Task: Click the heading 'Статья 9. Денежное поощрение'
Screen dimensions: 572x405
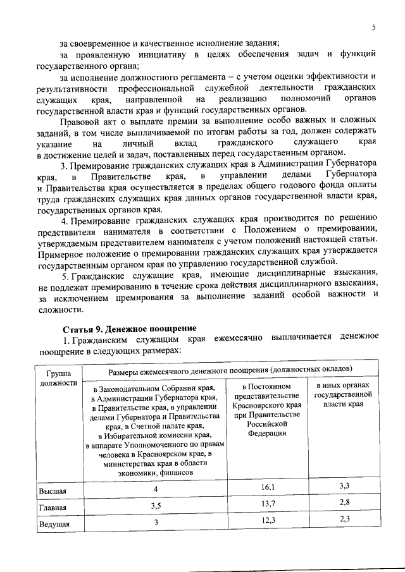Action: (x=129, y=329)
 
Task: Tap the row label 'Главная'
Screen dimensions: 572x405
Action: (x=52, y=507)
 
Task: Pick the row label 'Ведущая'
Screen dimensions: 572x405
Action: (x=54, y=524)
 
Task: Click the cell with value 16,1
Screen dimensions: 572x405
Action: (x=268, y=487)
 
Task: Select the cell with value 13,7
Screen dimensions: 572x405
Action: (x=268, y=503)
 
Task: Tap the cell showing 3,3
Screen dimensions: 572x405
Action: (x=345, y=485)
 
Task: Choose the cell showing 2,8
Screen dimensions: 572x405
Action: (x=345, y=502)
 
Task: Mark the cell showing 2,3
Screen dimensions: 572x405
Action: (x=345, y=519)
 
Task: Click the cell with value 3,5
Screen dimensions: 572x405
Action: (x=155, y=506)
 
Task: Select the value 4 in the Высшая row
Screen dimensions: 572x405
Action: (x=155, y=489)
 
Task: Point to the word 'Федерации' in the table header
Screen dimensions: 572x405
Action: (x=268, y=434)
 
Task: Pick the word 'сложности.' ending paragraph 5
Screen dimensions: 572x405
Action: (x=60, y=310)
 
